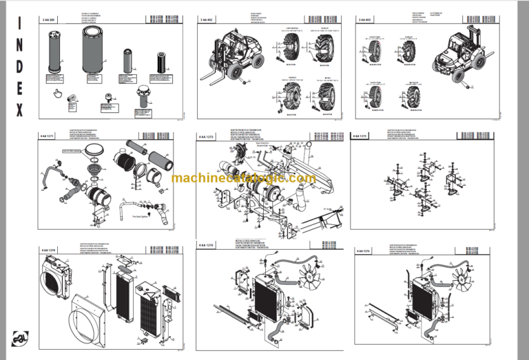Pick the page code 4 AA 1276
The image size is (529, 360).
click(x=365, y=253)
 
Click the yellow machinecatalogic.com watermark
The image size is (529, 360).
click(x=244, y=179)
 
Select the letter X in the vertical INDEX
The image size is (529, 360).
click(x=19, y=109)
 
